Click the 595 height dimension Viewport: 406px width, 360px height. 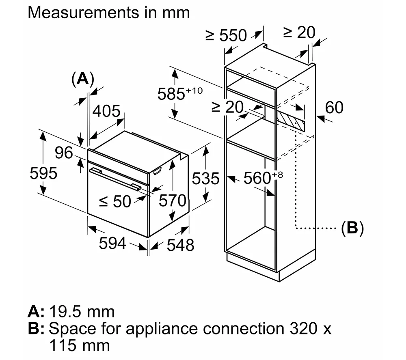43,173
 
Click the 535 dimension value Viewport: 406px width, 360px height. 205,178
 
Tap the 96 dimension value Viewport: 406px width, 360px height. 64,153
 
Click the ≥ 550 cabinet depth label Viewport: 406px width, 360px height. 226,36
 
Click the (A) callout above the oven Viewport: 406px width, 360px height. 83,78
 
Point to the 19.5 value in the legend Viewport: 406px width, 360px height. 67,312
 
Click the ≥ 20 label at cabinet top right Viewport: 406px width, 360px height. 299,32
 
